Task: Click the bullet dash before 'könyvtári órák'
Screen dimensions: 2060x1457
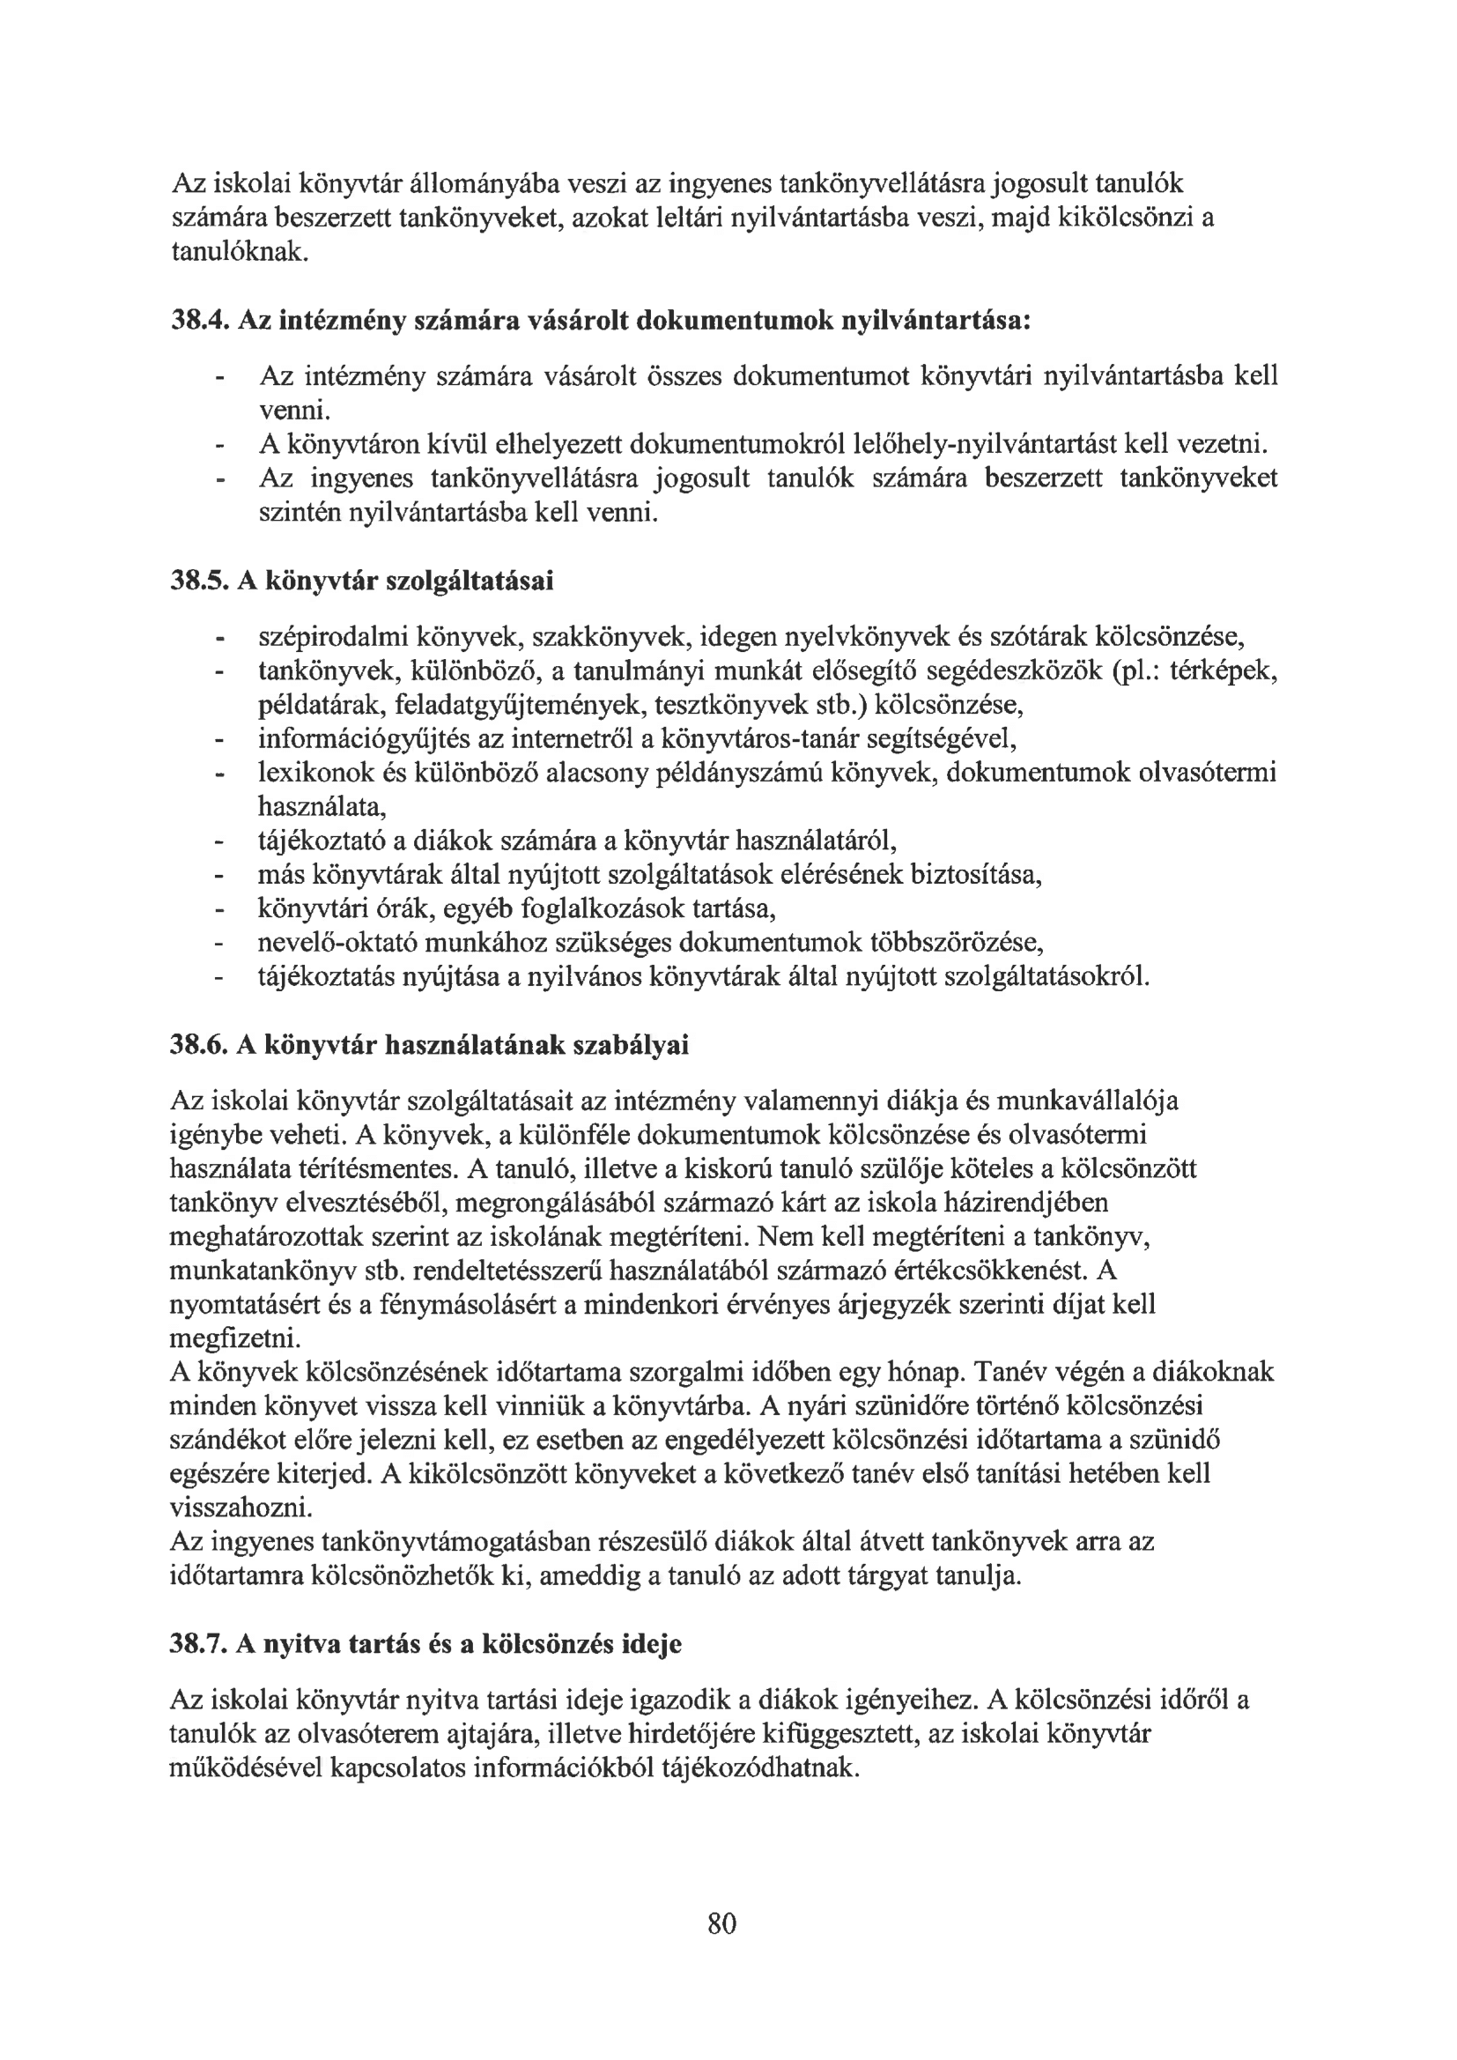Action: (217, 910)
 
